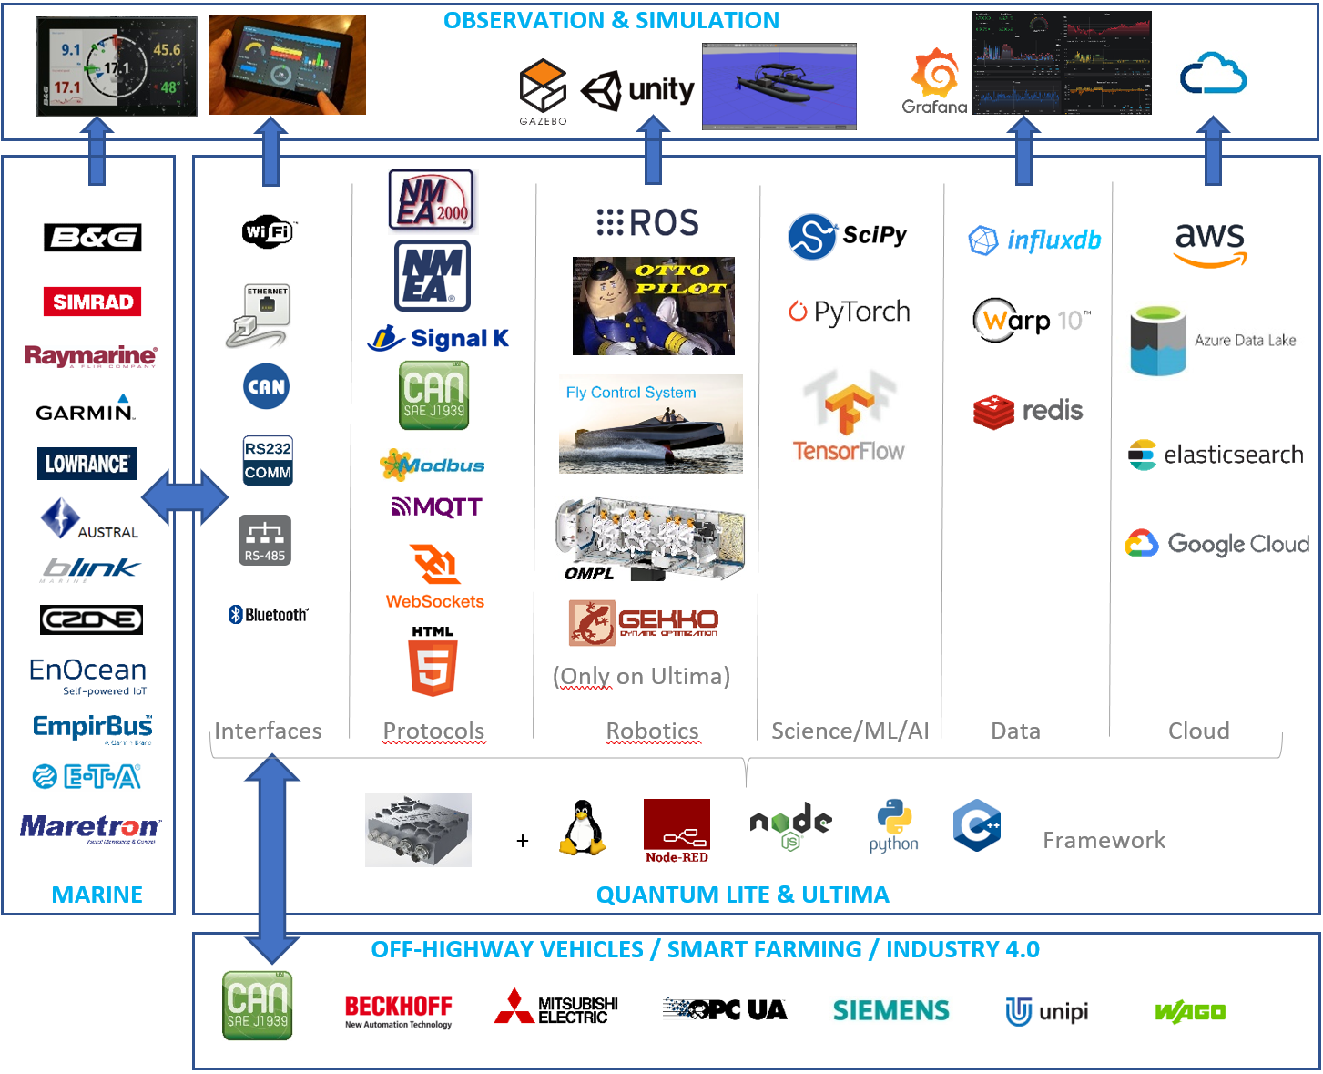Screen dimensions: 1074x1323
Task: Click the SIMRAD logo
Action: click(92, 302)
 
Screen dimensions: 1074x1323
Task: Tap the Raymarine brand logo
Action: click(90, 356)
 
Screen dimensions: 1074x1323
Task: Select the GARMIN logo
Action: click(86, 410)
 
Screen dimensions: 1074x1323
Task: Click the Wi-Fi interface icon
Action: click(268, 231)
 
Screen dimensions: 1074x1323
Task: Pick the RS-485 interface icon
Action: click(265, 540)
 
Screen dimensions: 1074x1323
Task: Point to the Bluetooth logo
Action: click(268, 615)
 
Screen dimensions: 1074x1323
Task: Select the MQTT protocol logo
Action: click(436, 506)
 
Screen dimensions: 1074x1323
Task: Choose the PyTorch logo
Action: click(849, 312)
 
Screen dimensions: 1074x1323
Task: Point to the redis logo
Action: click(1028, 411)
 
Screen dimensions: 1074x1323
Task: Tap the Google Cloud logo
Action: click(1216, 544)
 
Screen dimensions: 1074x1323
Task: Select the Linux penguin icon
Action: click(582, 828)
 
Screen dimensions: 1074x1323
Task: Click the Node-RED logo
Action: click(677, 831)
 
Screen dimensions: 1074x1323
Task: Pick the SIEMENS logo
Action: click(890, 1010)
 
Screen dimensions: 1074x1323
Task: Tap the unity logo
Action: click(637, 89)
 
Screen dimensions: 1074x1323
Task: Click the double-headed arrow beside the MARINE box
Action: click(185, 497)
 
